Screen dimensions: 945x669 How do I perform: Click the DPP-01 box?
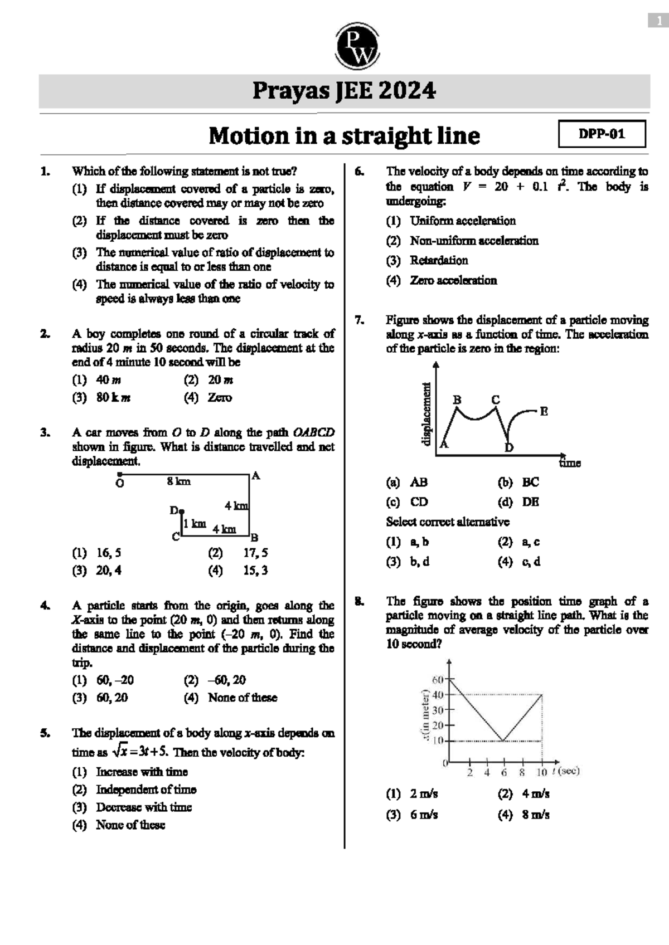(602, 134)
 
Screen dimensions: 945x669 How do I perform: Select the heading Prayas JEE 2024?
(344, 91)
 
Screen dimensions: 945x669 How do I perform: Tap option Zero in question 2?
(220, 398)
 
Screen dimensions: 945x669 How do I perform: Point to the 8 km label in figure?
(178, 481)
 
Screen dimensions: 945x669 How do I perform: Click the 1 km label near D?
(195, 524)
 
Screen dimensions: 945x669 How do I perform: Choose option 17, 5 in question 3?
(255, 553)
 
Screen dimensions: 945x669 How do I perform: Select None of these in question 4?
(242, 698)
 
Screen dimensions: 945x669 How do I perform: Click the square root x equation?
(140, 752)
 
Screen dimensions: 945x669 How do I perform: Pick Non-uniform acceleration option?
(474, 241)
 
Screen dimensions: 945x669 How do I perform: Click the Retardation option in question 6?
(439, 260)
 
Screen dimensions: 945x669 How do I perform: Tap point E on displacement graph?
(544, 411)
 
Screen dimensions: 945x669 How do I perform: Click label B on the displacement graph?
(457, 400)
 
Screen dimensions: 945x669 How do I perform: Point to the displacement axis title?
(426, 413)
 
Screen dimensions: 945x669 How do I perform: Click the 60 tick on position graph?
(437, 679)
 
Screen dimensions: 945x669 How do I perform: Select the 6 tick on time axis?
(504, 772)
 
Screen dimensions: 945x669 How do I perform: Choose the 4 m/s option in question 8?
(535, 794)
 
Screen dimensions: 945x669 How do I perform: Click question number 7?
(359, 320)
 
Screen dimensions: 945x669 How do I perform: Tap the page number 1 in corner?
(658, 21)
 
